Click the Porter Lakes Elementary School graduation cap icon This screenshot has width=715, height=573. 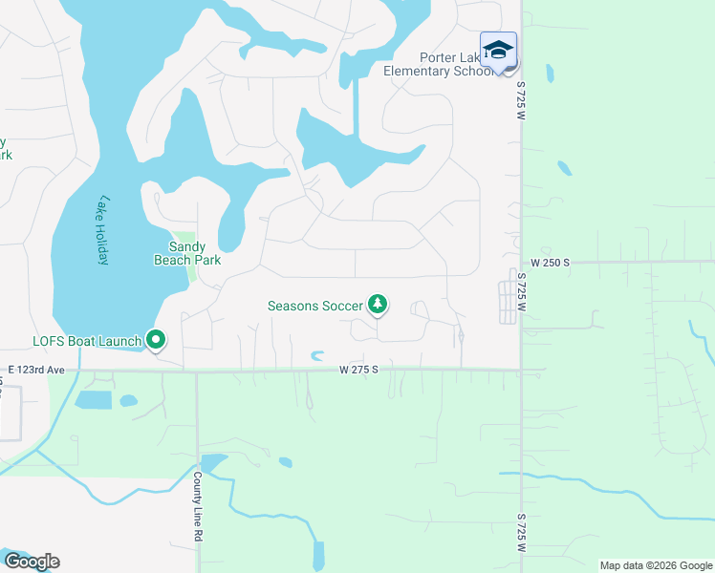pyautogui.click(x=498, y=50)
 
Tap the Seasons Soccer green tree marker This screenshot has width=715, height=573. pyautogui.click(x=379, y=305)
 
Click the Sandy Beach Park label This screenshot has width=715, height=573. pyautogui.click(x=188, y=252)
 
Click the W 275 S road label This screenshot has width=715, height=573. pyautogui.click(x=358, y=369)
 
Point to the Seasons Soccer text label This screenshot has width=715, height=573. pyautogui.click(x=315, y=306)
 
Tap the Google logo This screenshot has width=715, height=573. pyautogui.click(x=31, y=562)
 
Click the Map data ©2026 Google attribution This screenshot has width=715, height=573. pyautogui.click(x=655, y=565)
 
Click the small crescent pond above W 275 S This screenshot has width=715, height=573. pyautogui.click(x=317, y=356)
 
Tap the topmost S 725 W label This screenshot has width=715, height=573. pyautogui.click(x=523, y=101)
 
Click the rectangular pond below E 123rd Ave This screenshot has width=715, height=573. pyautogui.click(x=96, y=399)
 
